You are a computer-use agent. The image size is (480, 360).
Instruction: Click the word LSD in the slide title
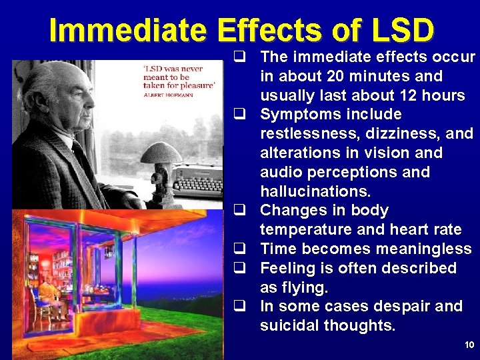[403, 30]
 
